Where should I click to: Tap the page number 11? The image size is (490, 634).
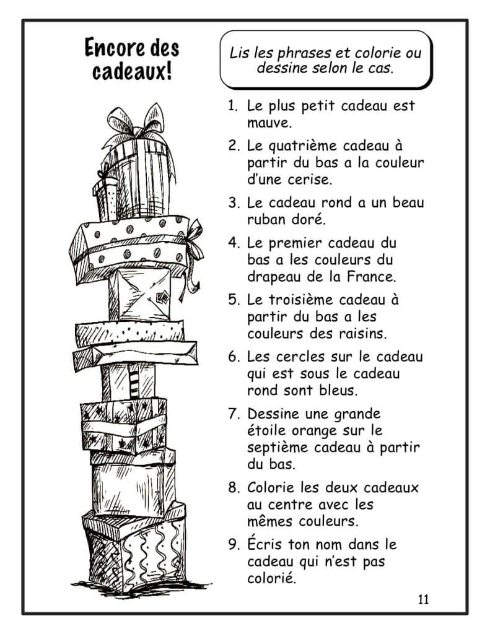coord(424,599)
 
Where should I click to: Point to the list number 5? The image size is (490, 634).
coord(233,300)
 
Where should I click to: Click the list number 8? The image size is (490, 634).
coord(233,487)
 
